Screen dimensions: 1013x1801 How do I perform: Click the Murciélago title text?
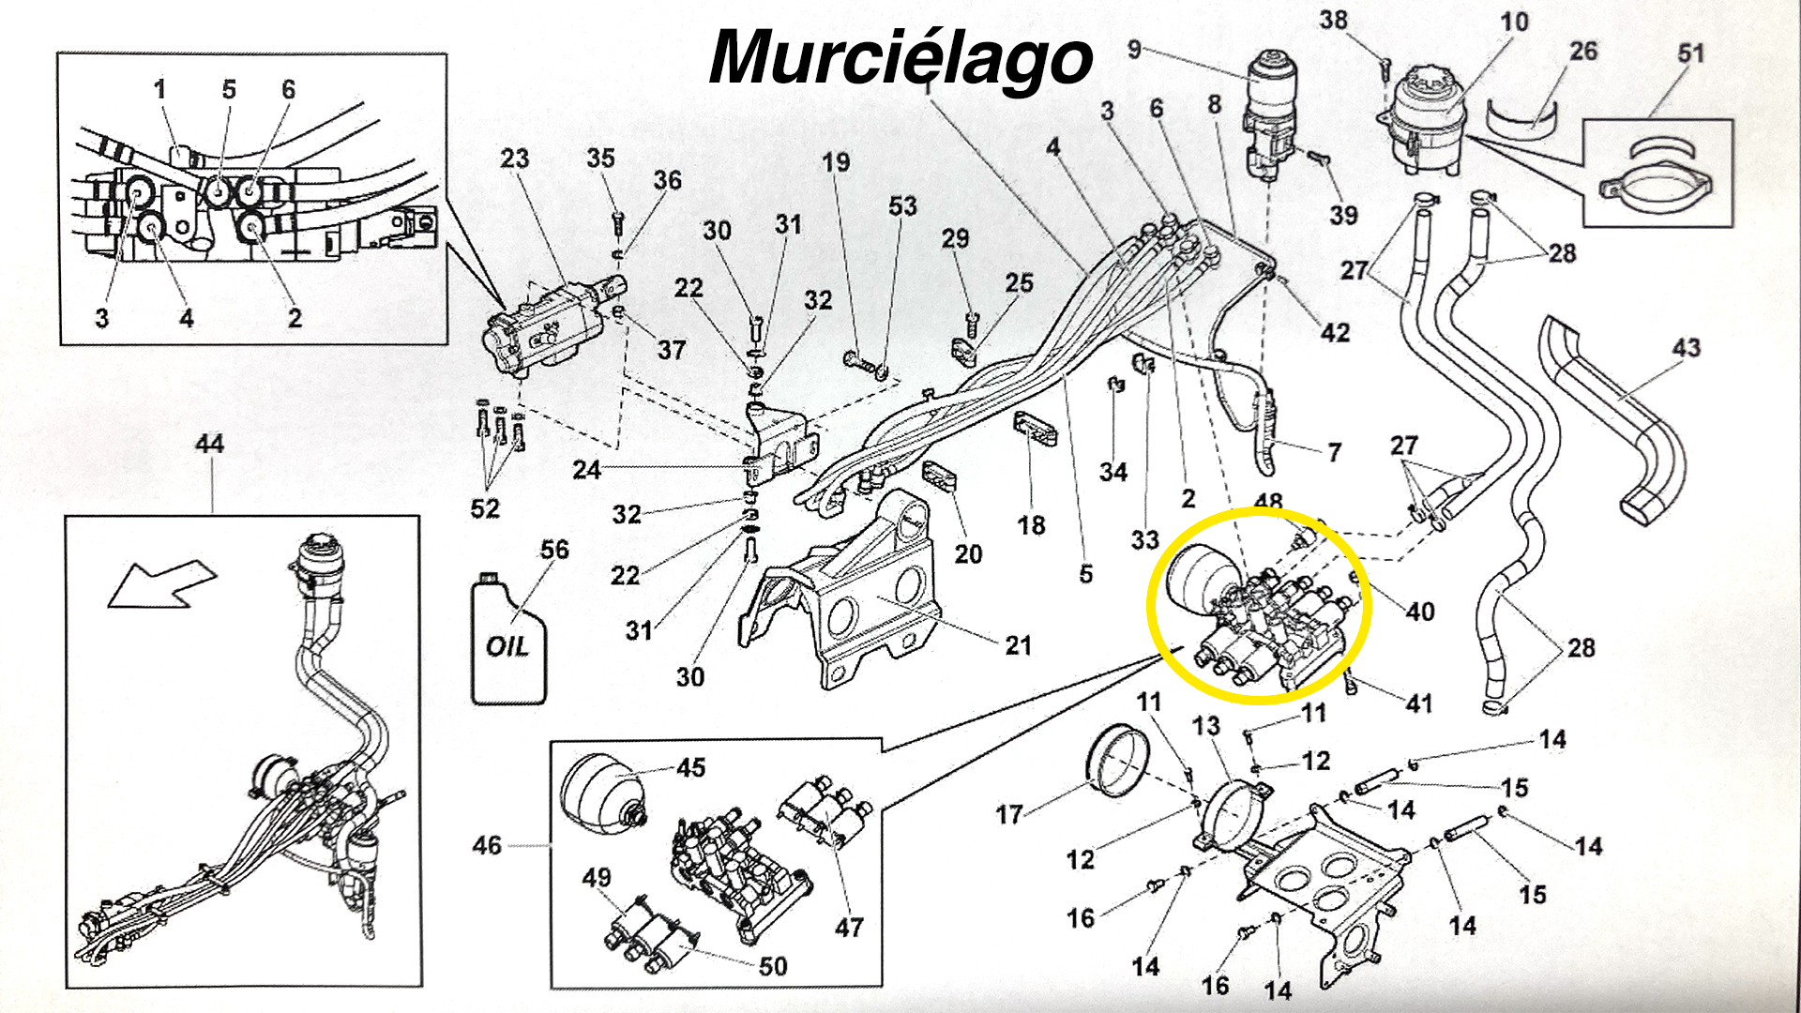click(x=900, y=58)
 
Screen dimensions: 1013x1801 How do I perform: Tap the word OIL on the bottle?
click(x=507, y=646)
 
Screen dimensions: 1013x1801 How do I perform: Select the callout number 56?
click(x=554, y=550)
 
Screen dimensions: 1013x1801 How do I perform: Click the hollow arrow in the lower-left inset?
click(x=161, y=582)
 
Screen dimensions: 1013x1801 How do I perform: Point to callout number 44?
click(x=209, y=444)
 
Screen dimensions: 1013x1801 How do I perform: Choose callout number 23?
click(x=514, y=158)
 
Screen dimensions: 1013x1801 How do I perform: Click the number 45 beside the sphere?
click(x=690, y=768)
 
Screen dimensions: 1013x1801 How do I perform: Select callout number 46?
click(x=487, y=845)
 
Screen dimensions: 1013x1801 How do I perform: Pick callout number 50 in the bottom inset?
click(x=772, y=965)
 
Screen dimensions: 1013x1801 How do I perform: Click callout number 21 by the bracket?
click(x=1018, y=645)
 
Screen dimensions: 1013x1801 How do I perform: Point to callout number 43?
click(x=1686, y=348)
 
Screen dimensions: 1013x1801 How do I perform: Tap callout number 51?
click(x=1690, y=53)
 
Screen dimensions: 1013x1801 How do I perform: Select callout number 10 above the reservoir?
click(x=1514, y=22)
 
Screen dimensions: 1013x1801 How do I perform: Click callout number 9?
click(x=1134, y=49)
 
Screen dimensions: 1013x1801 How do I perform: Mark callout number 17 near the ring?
click(x=1008, y=814)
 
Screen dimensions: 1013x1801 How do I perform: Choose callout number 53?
click(x=902, y=206)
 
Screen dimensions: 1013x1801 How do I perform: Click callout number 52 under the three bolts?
click(x=485, y=508)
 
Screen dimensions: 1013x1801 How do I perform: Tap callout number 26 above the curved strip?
click(x=1583, y=51)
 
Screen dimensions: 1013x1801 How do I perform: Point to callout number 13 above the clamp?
click(x=1206, y=726)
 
